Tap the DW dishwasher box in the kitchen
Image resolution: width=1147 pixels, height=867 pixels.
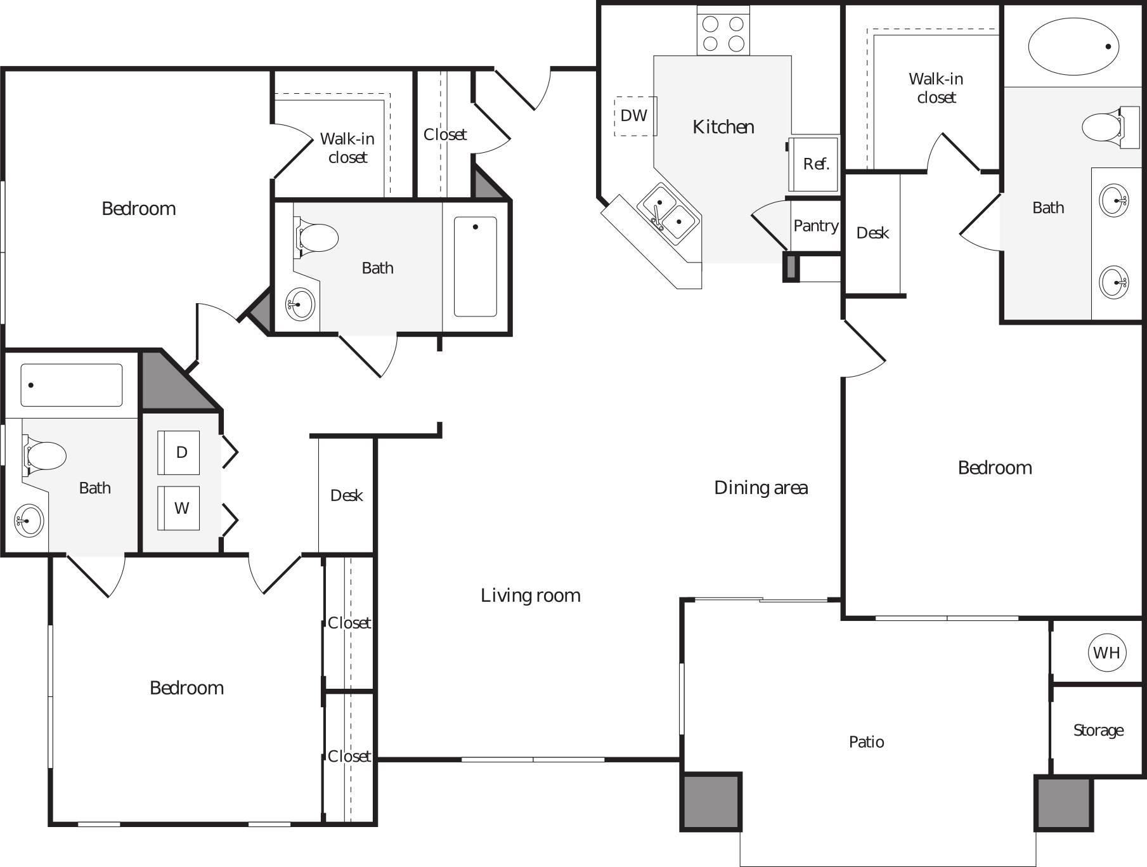(x=634, y=115)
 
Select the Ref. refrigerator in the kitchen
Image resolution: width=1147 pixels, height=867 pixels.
(x=815, y=164)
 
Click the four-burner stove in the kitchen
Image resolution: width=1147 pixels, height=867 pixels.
(x=723, y=34)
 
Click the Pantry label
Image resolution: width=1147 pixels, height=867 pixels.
(x=815, y=226)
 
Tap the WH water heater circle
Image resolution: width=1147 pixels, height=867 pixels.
(x=1106, y=652)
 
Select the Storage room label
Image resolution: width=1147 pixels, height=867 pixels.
(x=1098, y=730)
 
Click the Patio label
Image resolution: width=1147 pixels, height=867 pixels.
(x=866, y=741)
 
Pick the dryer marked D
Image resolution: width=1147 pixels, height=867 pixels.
(x=181, y=452)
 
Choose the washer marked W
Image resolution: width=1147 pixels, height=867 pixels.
(x=181, y=508)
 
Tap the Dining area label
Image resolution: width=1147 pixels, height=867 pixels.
(x=760, y=487)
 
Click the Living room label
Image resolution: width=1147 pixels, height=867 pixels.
(x=530, y=595)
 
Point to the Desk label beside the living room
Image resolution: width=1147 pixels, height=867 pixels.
(x=346, y=495)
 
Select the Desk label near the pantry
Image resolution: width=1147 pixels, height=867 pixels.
(x=872, y=233)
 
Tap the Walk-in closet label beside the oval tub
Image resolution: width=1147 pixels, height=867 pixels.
(x=935, y=88)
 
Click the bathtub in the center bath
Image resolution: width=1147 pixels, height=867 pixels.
(x=476, y=266)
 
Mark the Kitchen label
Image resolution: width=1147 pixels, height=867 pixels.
(x=723, y=127)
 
